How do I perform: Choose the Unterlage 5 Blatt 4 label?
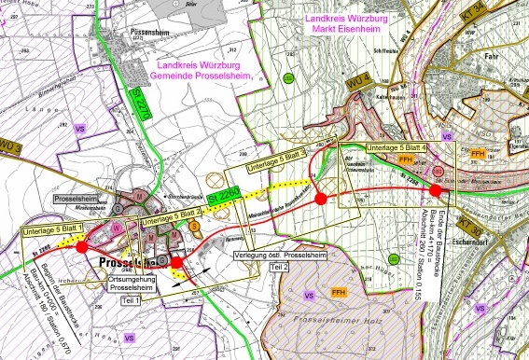pyautogui.click(x=398, y=146)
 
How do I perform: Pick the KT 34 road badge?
pyautogui.click(x=511, y=11)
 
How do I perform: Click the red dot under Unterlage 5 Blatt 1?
pyautogui.click(x=81, y=246)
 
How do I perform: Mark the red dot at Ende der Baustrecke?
pyautogui.click(x=436, y=190)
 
